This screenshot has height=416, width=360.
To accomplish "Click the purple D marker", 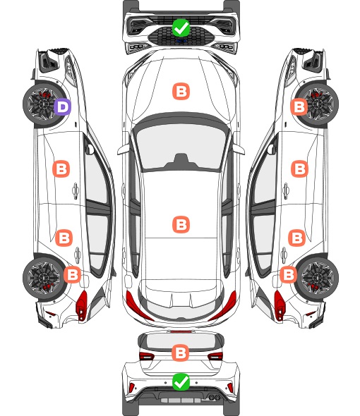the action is pos(62,107).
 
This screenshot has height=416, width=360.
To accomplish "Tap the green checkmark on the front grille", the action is pos(181,27).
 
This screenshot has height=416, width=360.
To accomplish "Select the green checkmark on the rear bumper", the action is pos(181,382).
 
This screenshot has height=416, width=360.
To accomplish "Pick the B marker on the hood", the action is pos(181,92).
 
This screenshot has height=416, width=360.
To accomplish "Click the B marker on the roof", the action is pos(181,224).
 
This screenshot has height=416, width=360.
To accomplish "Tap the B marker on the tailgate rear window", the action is pos(181,353).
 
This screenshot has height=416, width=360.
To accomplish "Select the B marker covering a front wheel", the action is pos(299,107).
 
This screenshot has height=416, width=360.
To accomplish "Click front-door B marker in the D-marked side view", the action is pos(61,169).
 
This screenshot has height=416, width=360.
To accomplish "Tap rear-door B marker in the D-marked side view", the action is pos(64,238).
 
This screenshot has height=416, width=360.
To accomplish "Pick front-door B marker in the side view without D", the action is pos(300,169).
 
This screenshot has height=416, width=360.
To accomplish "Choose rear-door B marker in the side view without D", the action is pos(296,238).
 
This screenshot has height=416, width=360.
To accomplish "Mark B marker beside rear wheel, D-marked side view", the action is pos(72,274).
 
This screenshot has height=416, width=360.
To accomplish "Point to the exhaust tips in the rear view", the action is pos(215,397).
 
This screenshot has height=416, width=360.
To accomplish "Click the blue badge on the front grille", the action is pos(181,41).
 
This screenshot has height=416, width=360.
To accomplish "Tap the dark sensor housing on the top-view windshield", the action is pos(181,161).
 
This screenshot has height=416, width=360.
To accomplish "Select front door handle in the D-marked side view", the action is pos(76,191).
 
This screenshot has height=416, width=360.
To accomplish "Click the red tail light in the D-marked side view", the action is pos(82,305).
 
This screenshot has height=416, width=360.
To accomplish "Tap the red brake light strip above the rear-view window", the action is pos(181,331).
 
